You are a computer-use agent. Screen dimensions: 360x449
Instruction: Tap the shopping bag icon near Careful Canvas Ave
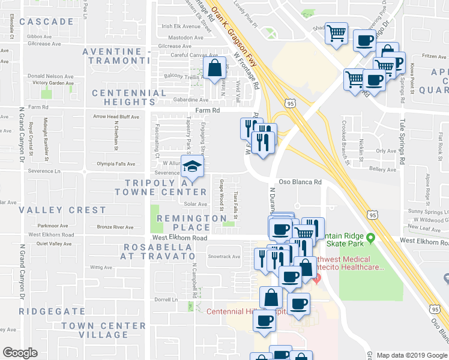(214, 69)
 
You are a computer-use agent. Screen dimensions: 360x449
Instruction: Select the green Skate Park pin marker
(371, 239)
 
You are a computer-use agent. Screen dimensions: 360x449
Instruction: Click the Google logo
(20, 353)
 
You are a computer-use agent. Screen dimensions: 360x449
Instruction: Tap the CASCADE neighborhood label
(46, 22)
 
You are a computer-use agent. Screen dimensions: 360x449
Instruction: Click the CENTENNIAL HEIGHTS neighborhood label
(128, 98)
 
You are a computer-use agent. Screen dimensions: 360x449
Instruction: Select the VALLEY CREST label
(62, 211)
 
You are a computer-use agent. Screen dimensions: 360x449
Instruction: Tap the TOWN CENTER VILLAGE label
(103, 330)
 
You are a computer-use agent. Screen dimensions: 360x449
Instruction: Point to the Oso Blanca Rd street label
(300, 182)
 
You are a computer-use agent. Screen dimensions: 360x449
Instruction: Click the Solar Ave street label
(196, 204)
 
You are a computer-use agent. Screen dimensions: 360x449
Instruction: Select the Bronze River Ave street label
(115, 227)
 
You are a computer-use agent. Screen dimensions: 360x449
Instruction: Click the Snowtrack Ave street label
(224, 257)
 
